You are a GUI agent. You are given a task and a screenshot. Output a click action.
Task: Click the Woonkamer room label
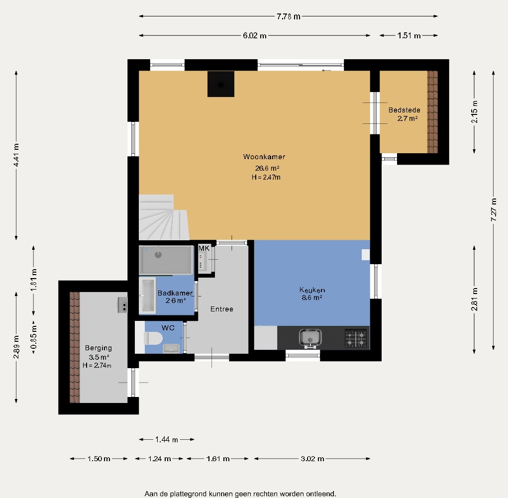coord(264,157)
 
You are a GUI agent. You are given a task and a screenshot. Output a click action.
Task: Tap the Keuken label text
coord(312,290)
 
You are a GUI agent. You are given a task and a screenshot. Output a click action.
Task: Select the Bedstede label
coord(405,110)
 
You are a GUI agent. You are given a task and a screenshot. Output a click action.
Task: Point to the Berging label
coord(98,348)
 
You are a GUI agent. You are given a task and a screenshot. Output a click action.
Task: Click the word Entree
coord(221,309)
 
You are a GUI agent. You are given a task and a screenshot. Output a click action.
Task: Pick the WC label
coord(168,328)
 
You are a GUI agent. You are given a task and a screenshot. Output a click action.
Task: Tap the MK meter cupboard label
coord(204,249)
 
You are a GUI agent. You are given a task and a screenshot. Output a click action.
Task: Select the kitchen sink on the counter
coord(310,338)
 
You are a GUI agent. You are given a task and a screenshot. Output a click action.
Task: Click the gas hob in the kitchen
coord(356,338)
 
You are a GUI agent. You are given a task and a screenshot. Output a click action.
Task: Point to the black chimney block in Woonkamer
coord(221,84)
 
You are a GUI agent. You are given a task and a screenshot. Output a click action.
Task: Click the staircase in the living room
coord(164,217)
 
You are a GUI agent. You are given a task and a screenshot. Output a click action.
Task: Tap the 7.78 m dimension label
coord(289,16)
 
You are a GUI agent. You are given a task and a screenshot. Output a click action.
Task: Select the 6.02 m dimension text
coord(255,36)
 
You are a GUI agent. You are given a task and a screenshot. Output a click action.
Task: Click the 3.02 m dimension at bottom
coord(312,459)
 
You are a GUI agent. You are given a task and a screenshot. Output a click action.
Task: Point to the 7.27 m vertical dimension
coord(494,210)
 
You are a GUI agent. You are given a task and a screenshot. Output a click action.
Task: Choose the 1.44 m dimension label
coord(167,440)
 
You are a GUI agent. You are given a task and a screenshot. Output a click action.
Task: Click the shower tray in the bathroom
coord(166,260)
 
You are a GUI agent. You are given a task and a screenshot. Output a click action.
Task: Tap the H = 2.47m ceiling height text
coord(266,177)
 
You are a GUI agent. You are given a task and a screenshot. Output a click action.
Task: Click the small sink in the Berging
coord(122,305)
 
